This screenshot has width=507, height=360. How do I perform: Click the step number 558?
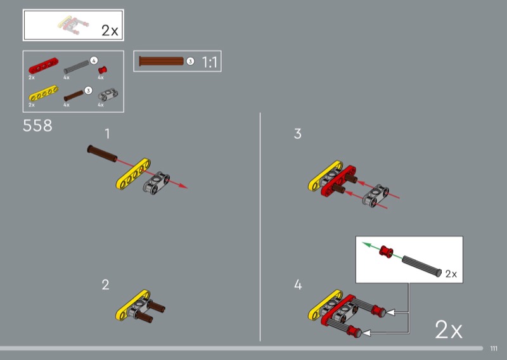tap(37, 125)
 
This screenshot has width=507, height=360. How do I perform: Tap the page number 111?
tap(494, 349)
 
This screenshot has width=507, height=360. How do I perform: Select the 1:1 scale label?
tap(210, 61)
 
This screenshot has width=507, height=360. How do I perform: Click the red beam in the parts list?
tap(43, 66)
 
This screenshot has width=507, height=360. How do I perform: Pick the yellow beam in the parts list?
tap(43, 93)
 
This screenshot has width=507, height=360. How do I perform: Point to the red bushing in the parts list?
tap(103, 70)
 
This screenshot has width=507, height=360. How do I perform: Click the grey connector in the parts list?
tap(108, 96)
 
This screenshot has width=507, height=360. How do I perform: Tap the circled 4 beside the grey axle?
tap(94, 60)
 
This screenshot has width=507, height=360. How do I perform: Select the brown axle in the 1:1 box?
tap(161, 61)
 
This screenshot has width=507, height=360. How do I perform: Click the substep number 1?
tap(107, 134)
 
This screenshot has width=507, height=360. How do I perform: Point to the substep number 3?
tap(297, 134)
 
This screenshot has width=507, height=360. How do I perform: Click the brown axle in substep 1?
tap(102, 153)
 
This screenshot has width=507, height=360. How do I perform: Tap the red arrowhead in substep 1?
tap(183, 186)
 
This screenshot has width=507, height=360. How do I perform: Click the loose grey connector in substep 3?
tap(375, 196)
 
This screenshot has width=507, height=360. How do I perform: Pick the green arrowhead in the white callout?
tap(366, 244)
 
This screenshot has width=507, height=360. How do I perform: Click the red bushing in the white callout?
tap(386, 252)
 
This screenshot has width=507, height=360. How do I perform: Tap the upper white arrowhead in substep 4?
tap(390, 312)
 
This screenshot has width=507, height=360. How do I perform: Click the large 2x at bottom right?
tap(449, 330)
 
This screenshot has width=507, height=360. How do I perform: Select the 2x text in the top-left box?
tap(110, 30)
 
